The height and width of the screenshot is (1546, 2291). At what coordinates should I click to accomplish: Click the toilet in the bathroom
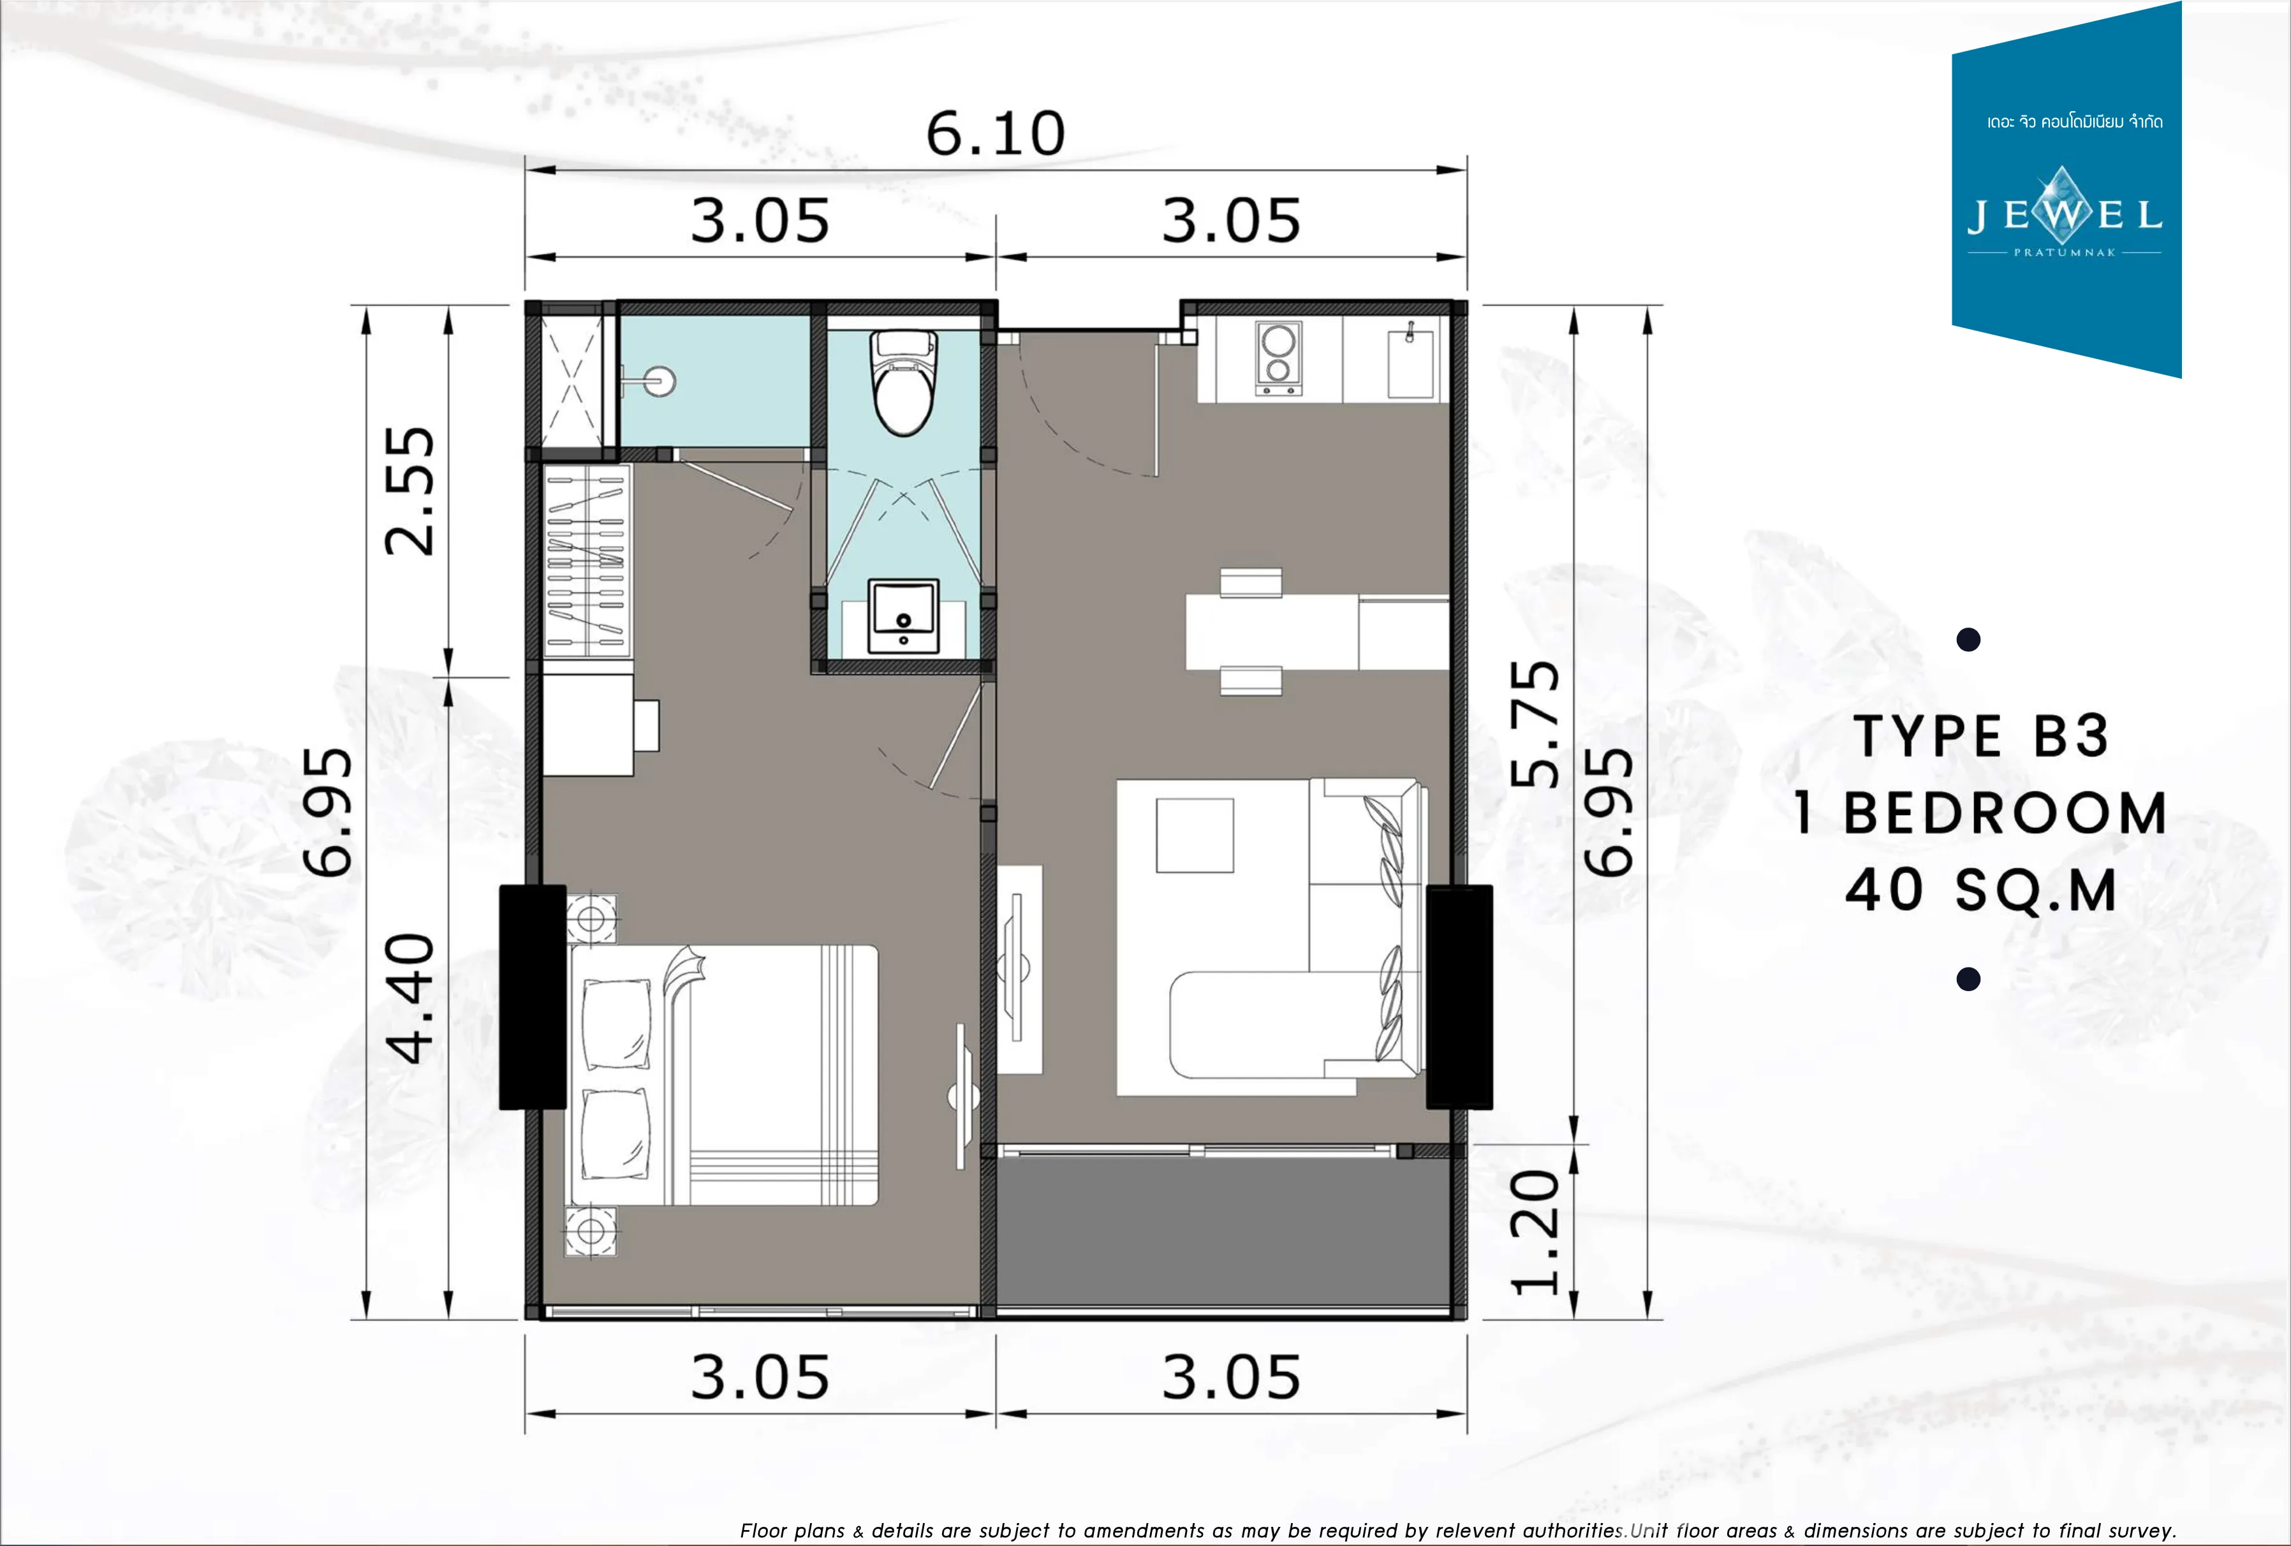tap(903, 383)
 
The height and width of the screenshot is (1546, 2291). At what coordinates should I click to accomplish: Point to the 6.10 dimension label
tap(996, 134)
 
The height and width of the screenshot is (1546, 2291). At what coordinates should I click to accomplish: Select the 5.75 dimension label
tap(1535, 724)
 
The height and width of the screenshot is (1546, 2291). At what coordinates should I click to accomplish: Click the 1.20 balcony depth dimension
tap(1535, 1232)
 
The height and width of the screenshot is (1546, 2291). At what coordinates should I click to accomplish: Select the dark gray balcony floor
tap(1223, 1232)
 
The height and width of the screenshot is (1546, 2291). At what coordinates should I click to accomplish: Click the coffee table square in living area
tap(1195, 835)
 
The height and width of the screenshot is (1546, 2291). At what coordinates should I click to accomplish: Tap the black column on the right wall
tap(1459, 997)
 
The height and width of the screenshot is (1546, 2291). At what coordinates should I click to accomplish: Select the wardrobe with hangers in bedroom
tap(587, 561)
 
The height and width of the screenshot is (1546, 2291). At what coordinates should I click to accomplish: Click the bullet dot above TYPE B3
tap(1969, 640)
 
